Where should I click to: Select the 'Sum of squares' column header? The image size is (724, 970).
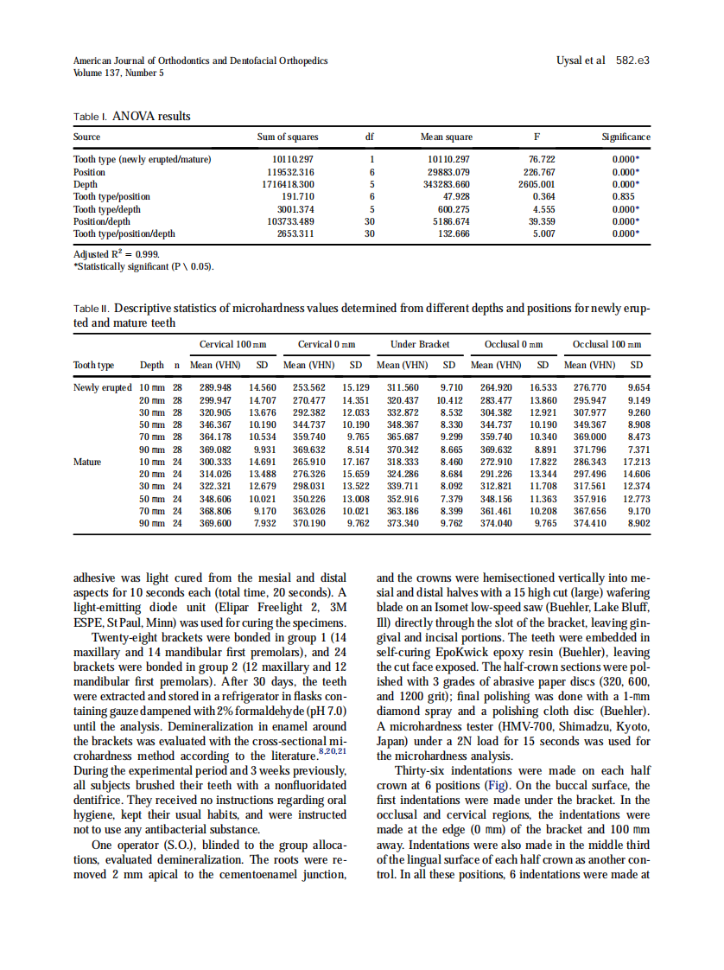(288, 137)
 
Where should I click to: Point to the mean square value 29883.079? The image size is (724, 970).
(448, 172)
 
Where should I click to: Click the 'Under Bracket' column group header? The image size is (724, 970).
(420, 344)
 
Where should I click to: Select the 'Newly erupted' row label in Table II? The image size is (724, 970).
(103, 388)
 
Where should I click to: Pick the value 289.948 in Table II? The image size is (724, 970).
(215, 388)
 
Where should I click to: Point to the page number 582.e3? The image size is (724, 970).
(632, 61)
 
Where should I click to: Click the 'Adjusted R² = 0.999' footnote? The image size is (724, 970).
(117, 254)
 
